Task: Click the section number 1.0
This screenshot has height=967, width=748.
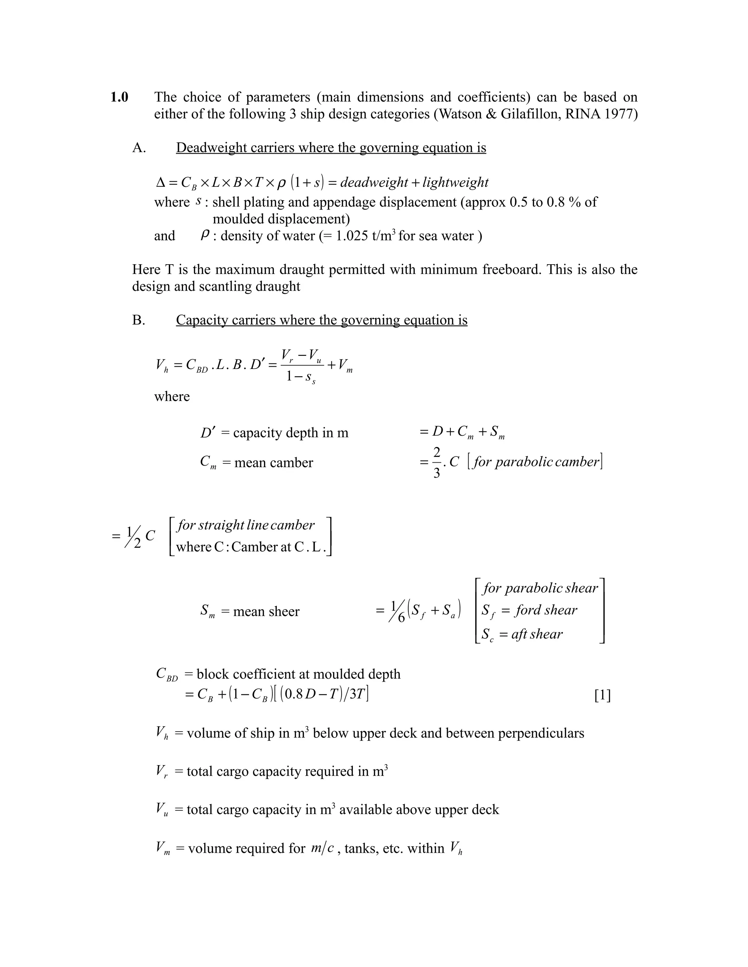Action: click(119, 97)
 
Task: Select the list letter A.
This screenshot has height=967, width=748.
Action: click(139, 147)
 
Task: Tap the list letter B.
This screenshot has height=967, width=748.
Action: click(138, 320)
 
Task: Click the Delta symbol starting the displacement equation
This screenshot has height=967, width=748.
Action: click(160, 182)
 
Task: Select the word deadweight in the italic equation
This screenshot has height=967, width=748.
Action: click(374, 182)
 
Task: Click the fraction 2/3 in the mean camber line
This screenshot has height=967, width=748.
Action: click(436, 462)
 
